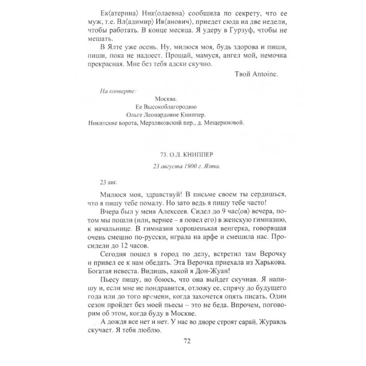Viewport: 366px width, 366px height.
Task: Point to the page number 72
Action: [x=183, y=341]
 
